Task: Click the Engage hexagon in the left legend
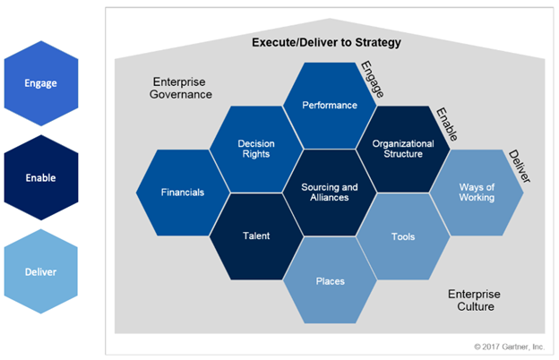tap(41, 83)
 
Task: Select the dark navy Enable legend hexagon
tap(41, 177)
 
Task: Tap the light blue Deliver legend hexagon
tap(41, 271)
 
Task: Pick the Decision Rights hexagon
tap(255, 149)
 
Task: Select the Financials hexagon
tap(183, 192)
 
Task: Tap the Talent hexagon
tap(255, 236)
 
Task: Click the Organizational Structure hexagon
tap(402, 149)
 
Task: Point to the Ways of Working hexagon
tap(476, 192)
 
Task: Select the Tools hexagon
tap(402, 236)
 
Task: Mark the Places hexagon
tap(330, 280)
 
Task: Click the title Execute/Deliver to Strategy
tap(326, 43)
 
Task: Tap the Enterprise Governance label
tap(180, 88)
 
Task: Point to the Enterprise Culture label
tap(474, 300)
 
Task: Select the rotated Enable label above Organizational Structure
tap(446, 125)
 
